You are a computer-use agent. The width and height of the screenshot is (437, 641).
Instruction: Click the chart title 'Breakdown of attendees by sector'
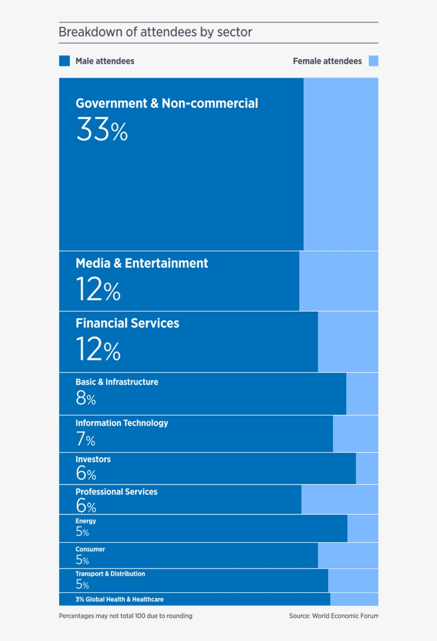point(155,33)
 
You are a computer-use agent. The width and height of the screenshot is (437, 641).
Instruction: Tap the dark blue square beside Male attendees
point(64,61)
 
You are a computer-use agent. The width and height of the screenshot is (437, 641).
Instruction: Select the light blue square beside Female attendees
point(374,61)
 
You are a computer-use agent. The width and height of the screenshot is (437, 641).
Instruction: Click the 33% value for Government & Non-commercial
point(102,129)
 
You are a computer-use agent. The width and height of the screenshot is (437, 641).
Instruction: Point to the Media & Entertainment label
point(142,263)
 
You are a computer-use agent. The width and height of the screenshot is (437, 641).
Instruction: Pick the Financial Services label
point(127,323)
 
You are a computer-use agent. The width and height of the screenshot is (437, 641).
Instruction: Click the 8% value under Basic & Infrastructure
point(86,397)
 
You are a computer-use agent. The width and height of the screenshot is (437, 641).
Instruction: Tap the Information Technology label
point(122,423)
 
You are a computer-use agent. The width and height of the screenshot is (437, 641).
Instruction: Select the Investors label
point(93,459)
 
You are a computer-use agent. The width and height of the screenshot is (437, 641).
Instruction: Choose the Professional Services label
point(116,492)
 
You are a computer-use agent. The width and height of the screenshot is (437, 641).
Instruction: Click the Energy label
point(86,521)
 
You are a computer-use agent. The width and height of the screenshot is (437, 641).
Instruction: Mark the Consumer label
point(90,549)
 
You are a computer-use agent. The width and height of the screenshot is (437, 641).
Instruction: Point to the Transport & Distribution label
point(110,574)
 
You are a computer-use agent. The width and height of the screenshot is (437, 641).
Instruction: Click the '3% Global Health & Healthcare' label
point(119,599)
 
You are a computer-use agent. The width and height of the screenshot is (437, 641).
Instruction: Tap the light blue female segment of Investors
point(367,469)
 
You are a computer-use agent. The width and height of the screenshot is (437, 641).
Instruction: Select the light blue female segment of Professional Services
point(340,500)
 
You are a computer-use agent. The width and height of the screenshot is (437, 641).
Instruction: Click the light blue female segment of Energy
point(363,529)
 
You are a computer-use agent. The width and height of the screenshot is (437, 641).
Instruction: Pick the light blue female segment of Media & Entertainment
point(339,281)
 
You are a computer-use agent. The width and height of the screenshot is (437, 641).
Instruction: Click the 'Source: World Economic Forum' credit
point(334,616)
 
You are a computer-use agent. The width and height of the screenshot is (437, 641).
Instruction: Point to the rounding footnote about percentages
point(126,616)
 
